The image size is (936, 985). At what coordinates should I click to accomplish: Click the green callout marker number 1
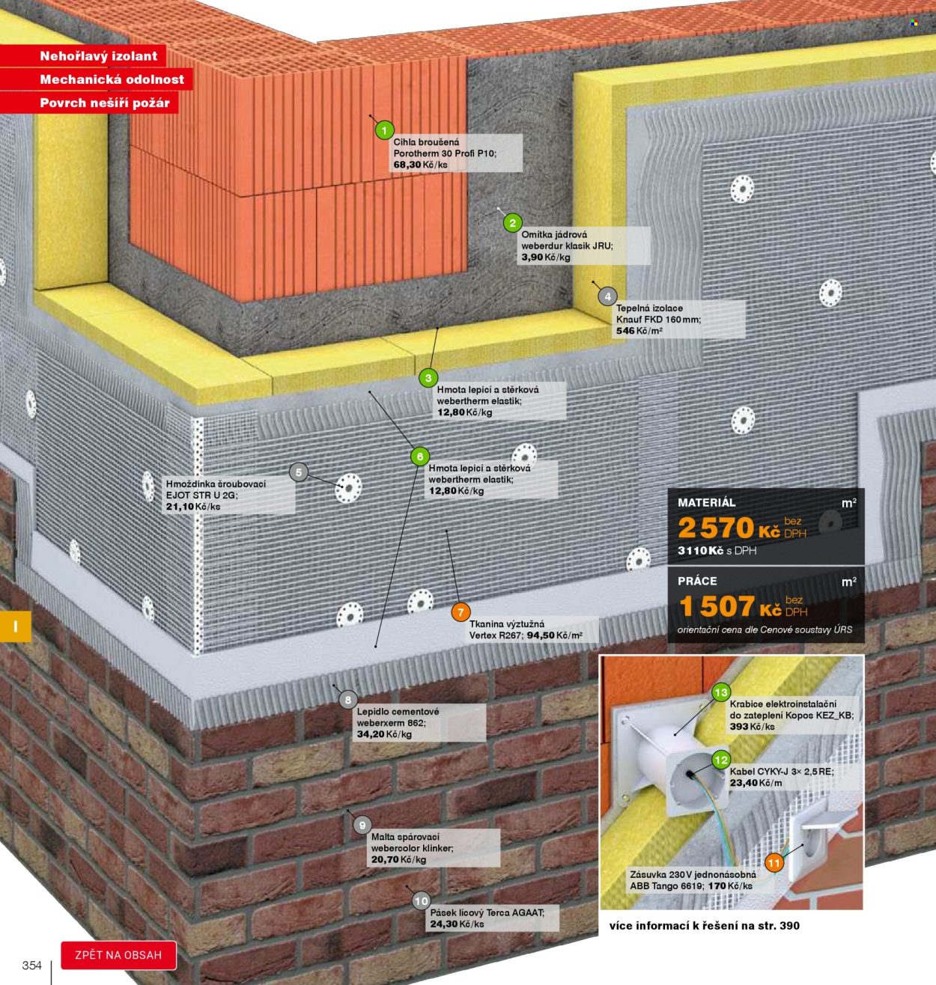coord(385,131)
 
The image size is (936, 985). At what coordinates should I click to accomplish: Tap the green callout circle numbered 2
coord(512,223)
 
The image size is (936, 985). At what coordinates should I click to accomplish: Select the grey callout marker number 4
coord(607,296)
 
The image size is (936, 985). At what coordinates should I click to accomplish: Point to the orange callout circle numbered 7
coord(461,612)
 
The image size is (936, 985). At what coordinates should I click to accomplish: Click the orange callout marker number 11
coord(774,863)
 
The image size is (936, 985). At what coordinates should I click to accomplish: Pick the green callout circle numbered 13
coord(721,693)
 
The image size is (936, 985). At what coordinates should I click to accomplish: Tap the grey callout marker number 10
coord(421,901)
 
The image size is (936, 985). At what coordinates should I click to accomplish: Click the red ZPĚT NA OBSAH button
coord(119,955)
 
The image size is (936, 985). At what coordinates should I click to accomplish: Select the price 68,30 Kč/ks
coord(420,165)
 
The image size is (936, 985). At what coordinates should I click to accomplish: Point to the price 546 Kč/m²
coord(639,331)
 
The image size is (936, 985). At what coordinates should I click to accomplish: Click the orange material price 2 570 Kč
coord(729,528)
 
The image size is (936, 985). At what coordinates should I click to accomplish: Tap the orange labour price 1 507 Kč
coord(730,606)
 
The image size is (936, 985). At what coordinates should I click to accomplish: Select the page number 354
coord(31,965)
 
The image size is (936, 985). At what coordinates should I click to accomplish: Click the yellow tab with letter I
coord(16,626)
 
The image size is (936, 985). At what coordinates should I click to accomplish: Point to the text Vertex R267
coord(495,635)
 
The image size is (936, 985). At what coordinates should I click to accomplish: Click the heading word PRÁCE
coord(697,581)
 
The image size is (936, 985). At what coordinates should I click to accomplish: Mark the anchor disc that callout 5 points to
coord(348,488)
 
